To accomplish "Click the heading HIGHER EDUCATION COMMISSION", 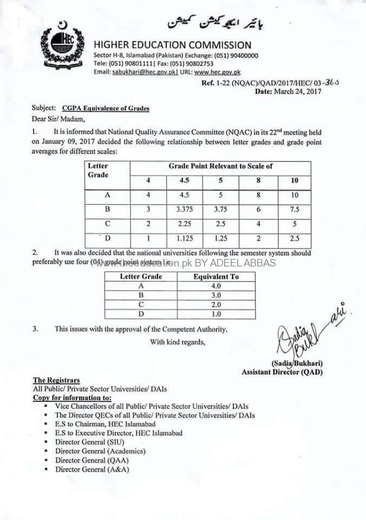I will (173, 45).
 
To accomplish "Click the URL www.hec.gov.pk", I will (217, 72).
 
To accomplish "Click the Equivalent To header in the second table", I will (217, 276).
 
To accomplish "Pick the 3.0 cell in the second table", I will (217, 295).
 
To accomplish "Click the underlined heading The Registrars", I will (56, 381).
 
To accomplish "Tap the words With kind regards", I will (178, 341).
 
